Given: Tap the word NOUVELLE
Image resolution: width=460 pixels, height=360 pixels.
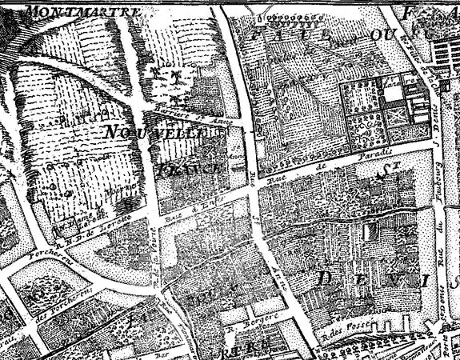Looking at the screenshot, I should [152, 132].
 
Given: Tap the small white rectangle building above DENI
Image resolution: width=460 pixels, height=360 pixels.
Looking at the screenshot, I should [370, 230].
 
